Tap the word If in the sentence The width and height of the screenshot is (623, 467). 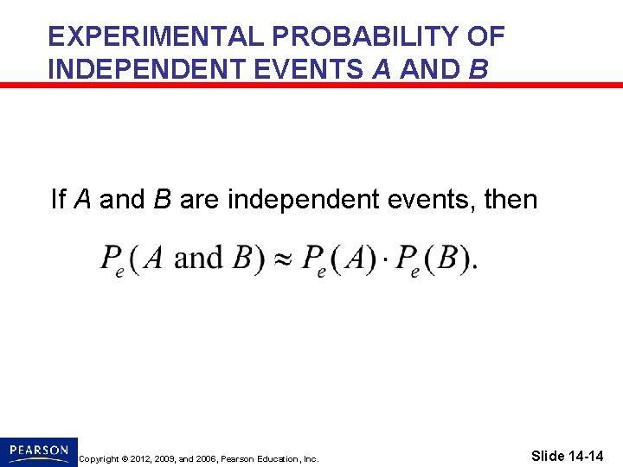(x=59, y=200)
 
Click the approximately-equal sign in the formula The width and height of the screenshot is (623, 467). (x=284, y=259)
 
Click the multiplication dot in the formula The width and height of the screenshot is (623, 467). (x=388, y=259)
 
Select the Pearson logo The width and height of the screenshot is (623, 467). (x=39, y=451)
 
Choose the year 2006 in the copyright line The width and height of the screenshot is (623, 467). (x=202, y=458)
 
